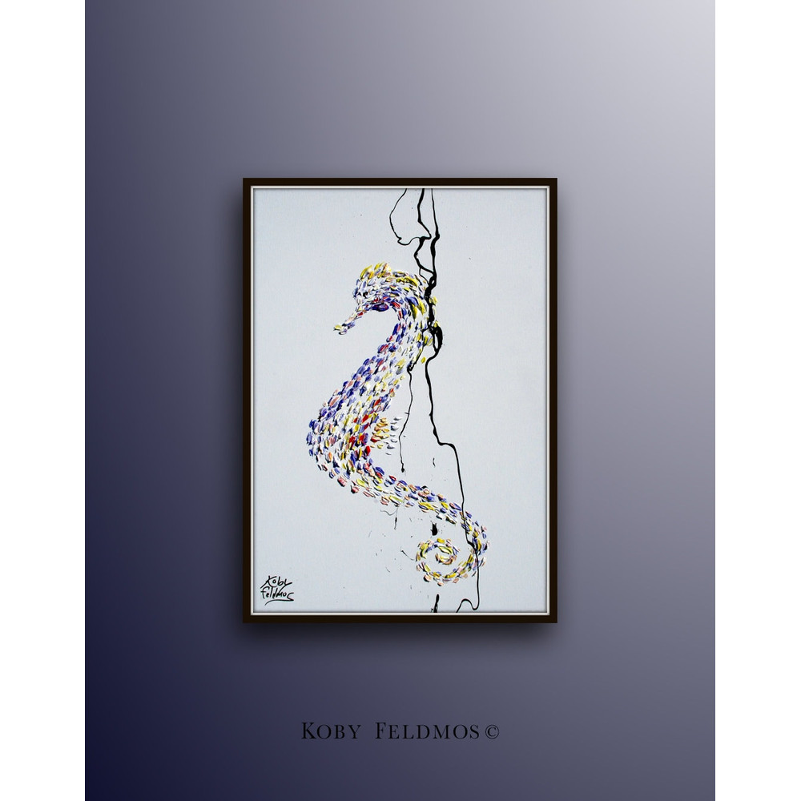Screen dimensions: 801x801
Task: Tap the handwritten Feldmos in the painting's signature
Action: [276, 595]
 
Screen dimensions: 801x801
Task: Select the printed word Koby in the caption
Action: [328, 731]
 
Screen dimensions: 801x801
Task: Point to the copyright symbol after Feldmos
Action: [492, 731]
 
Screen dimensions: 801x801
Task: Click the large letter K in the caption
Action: [308, 731]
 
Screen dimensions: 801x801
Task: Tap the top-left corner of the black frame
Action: [244, 179]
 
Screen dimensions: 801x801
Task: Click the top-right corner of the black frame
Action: [556, 179]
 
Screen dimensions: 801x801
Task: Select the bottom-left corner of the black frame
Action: [244, 621]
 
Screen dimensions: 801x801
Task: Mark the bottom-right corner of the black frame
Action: [556, 621]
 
